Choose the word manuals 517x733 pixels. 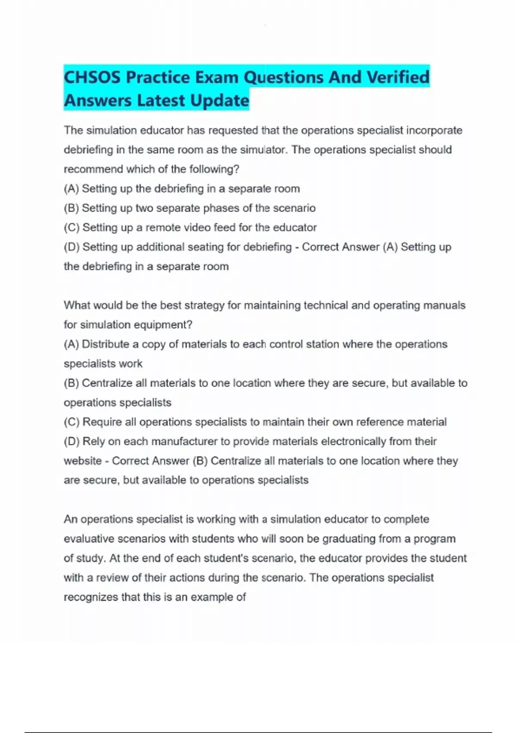(x=444, y=305)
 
